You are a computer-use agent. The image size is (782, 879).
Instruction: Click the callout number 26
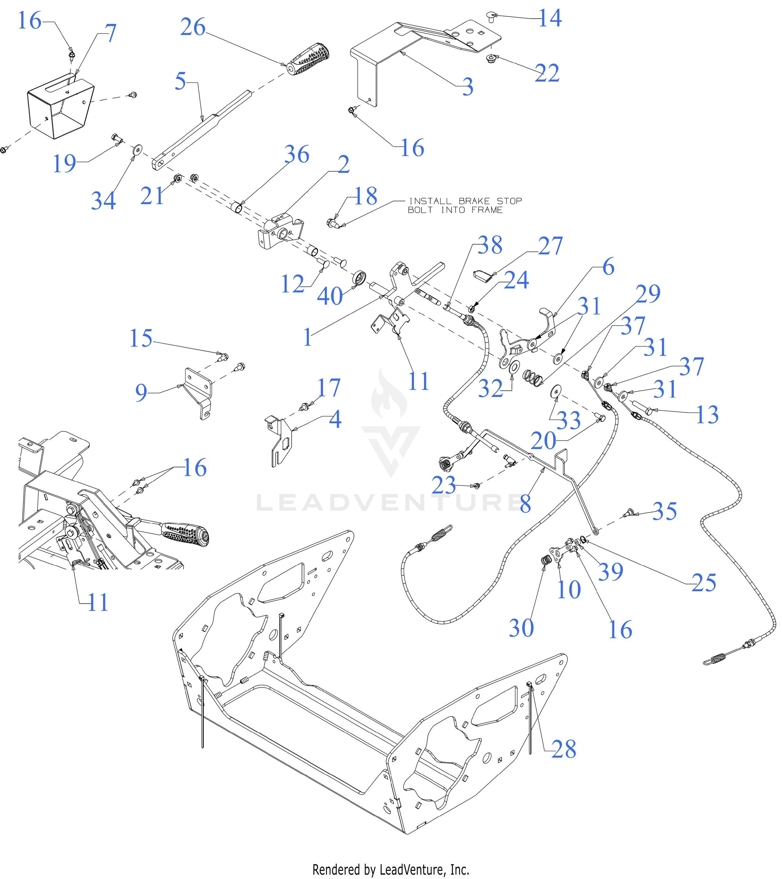pos(193,27)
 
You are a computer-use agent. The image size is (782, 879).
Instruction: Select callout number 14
pos(550,18)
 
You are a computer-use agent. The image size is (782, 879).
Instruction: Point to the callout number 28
pos(563,750)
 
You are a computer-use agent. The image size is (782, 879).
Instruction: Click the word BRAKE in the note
pos(474,201)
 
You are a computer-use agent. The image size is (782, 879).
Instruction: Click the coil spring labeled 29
pos(532,378)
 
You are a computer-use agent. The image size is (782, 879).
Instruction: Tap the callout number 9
pos(141,392)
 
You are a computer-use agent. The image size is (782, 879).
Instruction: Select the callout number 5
pos(180,81)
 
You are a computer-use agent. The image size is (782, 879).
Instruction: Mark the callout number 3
pos(468,87)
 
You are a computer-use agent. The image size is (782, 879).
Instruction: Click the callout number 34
pos(103,201)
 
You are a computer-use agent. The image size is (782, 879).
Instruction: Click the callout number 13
pos(707,415)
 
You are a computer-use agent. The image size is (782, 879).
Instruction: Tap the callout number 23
pos(444,485)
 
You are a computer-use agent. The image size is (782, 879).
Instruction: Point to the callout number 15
pos(141,338)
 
